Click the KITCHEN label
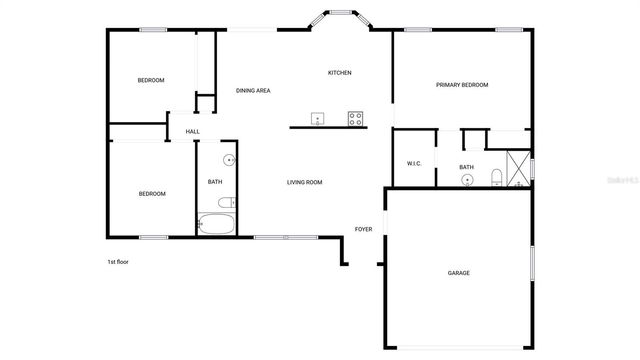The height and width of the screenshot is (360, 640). pos(340,73)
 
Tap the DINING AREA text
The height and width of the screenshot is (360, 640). pos(253,91)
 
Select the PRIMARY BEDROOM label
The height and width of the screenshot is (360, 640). pos(462,85)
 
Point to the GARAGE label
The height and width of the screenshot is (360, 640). pos(459,273)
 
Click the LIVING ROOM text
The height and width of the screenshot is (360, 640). pos(304,182)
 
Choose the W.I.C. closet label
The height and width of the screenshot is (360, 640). pos(414,163)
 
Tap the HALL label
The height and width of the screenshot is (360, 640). pos(192,131)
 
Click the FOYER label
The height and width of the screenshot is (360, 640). pos(364,229)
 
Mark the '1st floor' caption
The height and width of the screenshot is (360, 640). pos(118,262)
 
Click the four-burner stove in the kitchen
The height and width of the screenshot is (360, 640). pos(355,118)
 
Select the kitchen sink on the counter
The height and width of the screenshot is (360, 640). pos(317,118)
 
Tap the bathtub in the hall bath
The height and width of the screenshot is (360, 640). pos(216,224)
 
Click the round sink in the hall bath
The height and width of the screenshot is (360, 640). pos(228,160)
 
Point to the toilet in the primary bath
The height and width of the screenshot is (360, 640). pos(496,179)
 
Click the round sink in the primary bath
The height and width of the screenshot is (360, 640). pos(467,180)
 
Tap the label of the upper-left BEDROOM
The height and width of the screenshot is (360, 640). pos(151,80)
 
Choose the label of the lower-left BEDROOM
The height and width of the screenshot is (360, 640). pos(152,193)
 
